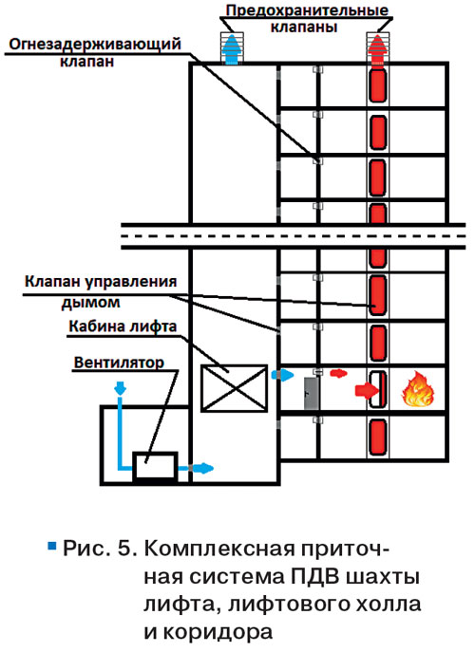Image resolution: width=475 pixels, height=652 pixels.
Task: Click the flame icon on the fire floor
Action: [x=418, y=389]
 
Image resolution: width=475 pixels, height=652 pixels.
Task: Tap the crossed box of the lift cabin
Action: [x=234, y=388]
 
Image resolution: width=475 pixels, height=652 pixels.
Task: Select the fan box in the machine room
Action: [x=155, y=467]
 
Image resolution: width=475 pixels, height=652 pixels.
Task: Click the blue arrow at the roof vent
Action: [x=232, y=49]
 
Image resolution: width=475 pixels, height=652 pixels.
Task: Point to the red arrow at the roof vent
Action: [x=377, y=49]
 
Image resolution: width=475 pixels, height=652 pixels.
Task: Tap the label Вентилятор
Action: [x=119, y=363]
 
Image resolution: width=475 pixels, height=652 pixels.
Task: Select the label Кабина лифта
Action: [x=123, y=326]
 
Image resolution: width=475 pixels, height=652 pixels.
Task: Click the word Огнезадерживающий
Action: [x=95, y=44]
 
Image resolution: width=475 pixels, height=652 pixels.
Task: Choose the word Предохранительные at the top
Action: [x=307, y=10]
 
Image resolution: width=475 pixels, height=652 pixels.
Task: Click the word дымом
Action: [x=91, y=302]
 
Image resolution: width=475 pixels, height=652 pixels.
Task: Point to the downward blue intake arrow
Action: [x=120, y=388]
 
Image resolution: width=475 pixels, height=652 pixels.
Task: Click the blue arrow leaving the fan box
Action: [x=201, y=468]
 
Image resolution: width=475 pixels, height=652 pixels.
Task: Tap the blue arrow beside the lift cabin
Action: [x=283, y=375]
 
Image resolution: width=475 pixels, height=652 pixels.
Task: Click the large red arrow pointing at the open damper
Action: [x=367, y=390]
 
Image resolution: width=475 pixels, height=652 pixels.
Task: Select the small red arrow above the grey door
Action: [x=338, y=373]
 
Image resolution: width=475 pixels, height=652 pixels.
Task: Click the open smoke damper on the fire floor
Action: [x=378, y=389]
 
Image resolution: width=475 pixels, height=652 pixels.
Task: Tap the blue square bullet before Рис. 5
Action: [x=52, y=545]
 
